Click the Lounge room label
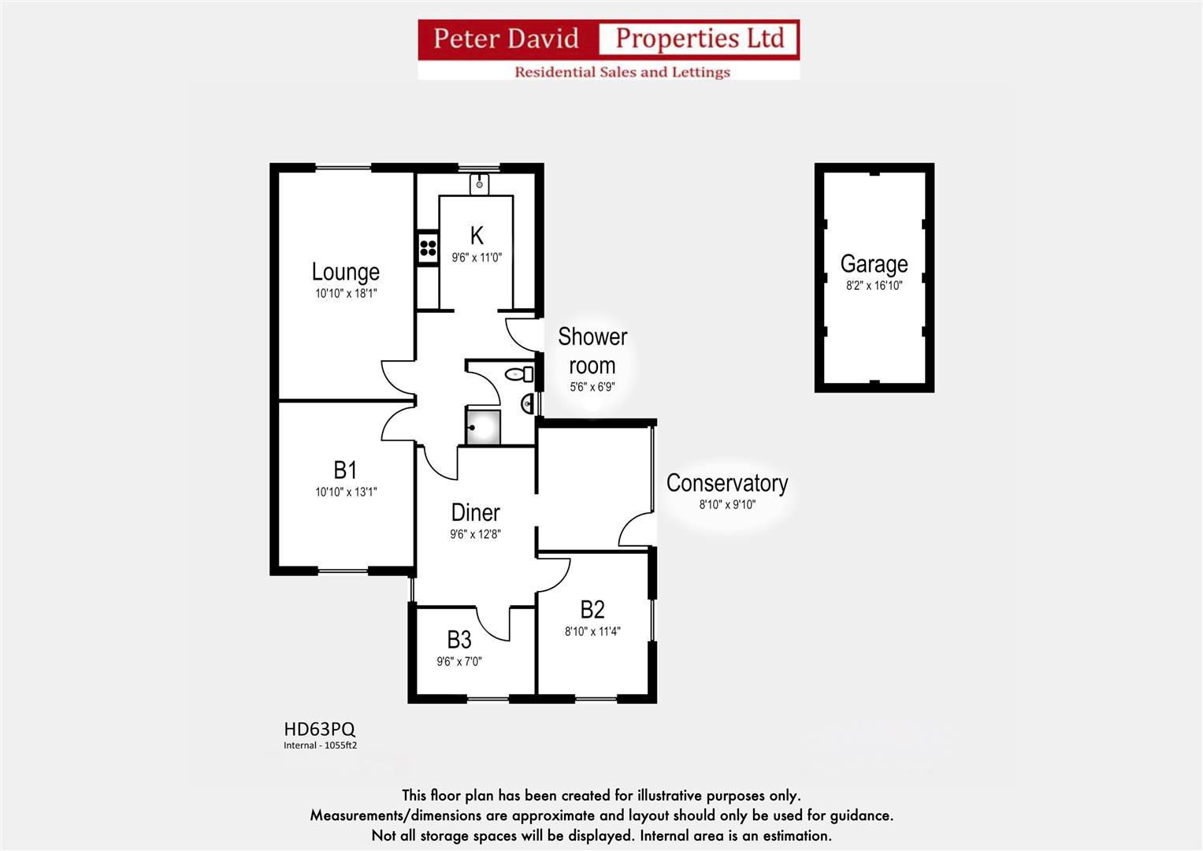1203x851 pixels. tap(345, 272)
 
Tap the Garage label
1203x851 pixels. tap(874, 264)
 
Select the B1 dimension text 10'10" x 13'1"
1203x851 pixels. tap(346, 492)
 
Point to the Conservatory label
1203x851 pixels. tap(726, 483)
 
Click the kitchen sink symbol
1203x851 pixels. tap(479, 184)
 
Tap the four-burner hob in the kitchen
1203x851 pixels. tap(428, 248)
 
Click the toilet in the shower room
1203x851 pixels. tap(519, 373)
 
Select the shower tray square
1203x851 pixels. tap(483, 427)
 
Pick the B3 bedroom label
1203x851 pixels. tap(459, 639)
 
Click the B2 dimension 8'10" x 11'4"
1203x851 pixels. tap(592, 631)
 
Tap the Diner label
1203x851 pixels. tap(475, 513)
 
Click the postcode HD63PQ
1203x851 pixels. tap(319, 730)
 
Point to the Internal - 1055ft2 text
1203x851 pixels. tap(320, 745)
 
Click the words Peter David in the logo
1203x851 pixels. tap(506, 39)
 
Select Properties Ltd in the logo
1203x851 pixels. tap(700, 39)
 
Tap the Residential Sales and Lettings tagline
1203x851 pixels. tap(622, 72)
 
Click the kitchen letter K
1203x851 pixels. tap(476, 236)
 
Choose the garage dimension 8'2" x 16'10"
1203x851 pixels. tap(874, 286)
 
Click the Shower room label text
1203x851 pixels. tap(592, 351)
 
